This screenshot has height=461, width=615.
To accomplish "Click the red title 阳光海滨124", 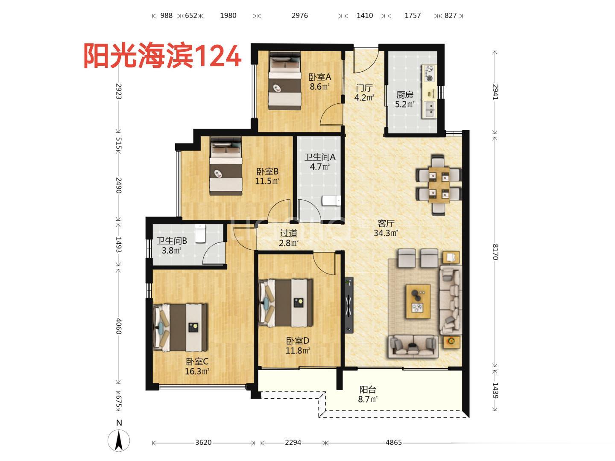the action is pyautogui.click(x=163, y=56).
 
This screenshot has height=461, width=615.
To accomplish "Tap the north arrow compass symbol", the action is pyautogui.click(x=119, y=440).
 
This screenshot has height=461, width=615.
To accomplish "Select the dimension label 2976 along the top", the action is pyautogui.click(x=299, y=15).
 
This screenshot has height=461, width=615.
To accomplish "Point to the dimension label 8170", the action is pyautogui.click(x=495, y=252).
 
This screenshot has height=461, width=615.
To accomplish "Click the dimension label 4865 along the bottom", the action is pyautogui.click(x=393, y=443).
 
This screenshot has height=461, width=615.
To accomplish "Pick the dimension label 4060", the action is pyautogui.click(x=119, y=326).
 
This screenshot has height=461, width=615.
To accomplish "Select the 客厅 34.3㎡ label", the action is pyautogui.click(x=386, y=228).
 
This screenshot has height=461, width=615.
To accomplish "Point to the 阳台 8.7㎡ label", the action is pyautogui.click(x=368, y=394).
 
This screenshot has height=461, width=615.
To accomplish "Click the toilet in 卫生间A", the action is pyautogui.click(x=331, y=201).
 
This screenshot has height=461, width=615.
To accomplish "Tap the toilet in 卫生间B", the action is pyautogui.click(x=200, y=233).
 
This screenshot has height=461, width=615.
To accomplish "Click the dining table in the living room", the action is pyautogui.click(x=439, y=185).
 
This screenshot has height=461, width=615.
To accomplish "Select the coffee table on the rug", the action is pyautogui.click(x=418, y=301).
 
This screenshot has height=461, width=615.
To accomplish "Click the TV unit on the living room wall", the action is pyautogui.click(x=348, y=305).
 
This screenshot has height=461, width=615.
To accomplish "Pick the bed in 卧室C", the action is pyautogui.click(x=180, y=327).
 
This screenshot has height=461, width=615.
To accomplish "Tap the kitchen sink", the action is pyautogui.click(x=429, y=109).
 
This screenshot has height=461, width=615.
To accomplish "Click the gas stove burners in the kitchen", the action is pyautogui.click(x=429, y=73).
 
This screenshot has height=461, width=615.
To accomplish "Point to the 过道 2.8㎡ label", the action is pyautogui.click(x=288, y=238).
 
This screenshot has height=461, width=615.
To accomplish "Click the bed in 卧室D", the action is pyautogui.click(x=286, y=303).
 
